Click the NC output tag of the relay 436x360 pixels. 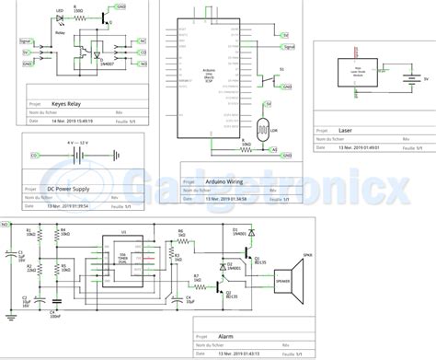(141, 41)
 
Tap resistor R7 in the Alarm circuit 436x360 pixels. (196, 279)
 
